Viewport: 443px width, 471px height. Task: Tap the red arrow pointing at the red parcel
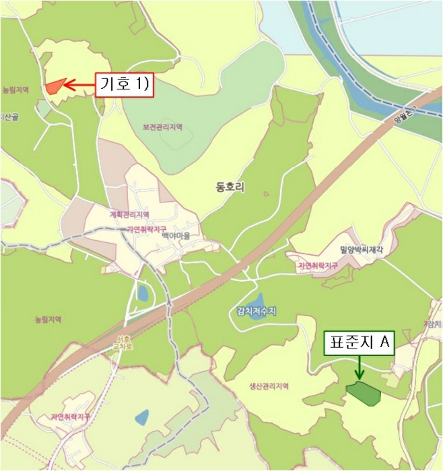click(x=79, y=85)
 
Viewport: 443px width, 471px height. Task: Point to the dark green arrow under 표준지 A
click(x=360, y=367)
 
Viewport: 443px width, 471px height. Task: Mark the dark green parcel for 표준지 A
click(x=364, y=393)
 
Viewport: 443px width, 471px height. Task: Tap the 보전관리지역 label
click(x=162, y=126)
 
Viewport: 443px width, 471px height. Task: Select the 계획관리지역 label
click(x=129, y=215)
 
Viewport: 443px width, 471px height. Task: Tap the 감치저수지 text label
click(x=257, y=310)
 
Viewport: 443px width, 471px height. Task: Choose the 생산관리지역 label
click(x=268, y=386)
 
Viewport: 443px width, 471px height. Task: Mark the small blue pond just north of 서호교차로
click(x=142, y=293)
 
